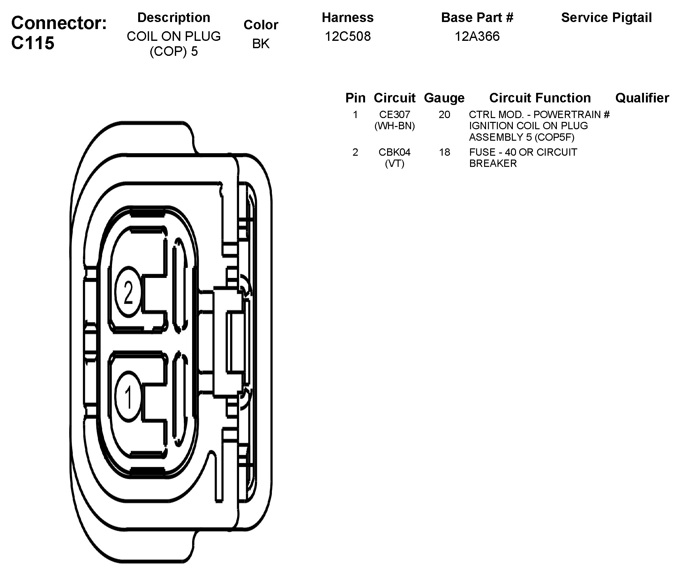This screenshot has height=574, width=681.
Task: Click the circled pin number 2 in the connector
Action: point(128,292)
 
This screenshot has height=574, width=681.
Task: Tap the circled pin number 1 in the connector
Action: point(128,397)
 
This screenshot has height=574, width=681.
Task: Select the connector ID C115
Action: point(33,43)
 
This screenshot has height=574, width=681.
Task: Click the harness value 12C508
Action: point(348,36)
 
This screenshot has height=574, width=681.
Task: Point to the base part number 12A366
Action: point(477,36)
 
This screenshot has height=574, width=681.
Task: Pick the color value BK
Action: point(261,44)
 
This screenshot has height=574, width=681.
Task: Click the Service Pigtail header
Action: point(606,18)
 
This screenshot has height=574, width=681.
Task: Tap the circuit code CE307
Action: point(394,115)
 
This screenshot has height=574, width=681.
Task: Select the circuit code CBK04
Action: point(394,152)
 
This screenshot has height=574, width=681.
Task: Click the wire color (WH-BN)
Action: point(394,126)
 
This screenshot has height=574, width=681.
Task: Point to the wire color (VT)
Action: point(394,163)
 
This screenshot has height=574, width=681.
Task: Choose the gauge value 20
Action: point(444,115)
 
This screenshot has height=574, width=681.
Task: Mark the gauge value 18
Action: point(444,152)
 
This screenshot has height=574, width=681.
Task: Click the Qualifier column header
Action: point(642,98)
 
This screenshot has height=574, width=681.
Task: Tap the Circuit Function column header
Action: point(540,98)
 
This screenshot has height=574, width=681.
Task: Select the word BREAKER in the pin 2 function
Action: point(493,163)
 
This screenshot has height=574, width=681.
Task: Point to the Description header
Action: point(174,18)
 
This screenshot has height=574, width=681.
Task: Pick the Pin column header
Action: point(355,98)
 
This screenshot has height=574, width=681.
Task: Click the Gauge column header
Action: point(444,98)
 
